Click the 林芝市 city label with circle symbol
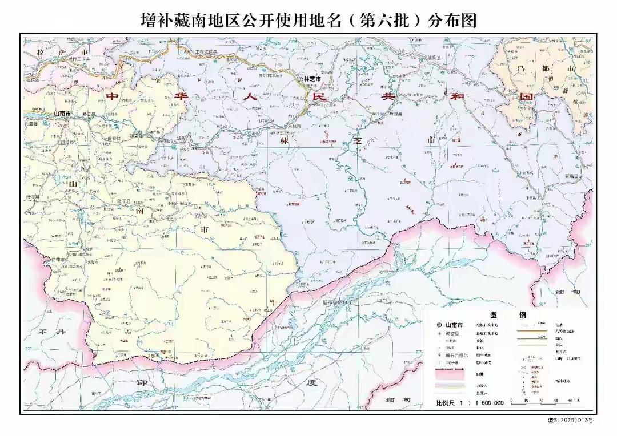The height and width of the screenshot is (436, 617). tap(312, 79)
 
